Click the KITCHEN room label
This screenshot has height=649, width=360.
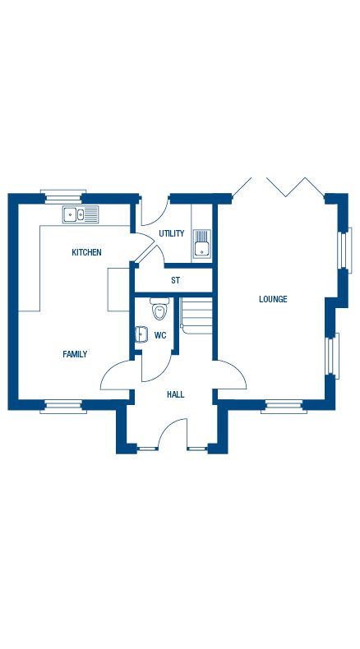(86, 252)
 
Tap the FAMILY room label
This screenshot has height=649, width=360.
(75, 354)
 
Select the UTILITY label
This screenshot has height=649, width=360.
(172, 234)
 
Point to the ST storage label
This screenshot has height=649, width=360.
(175, 280)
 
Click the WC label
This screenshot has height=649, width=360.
(160, 335)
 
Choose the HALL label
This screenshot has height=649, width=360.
(175, 394)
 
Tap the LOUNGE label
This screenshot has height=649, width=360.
(273, 299)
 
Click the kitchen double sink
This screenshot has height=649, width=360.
(81, 215)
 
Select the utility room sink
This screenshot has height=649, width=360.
(202, 244)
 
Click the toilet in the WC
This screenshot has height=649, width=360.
(159, 310)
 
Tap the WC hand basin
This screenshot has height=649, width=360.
(140, 334)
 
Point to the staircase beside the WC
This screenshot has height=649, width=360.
(197, 314)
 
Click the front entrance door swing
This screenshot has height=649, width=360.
(173, 433)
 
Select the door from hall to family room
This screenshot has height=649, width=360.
(115, 376)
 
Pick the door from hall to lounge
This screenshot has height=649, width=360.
(232, 376)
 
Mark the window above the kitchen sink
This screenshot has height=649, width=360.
(63, 196)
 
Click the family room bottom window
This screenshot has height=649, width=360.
(63, 404)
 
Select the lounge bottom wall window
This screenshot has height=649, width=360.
(283, 404)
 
